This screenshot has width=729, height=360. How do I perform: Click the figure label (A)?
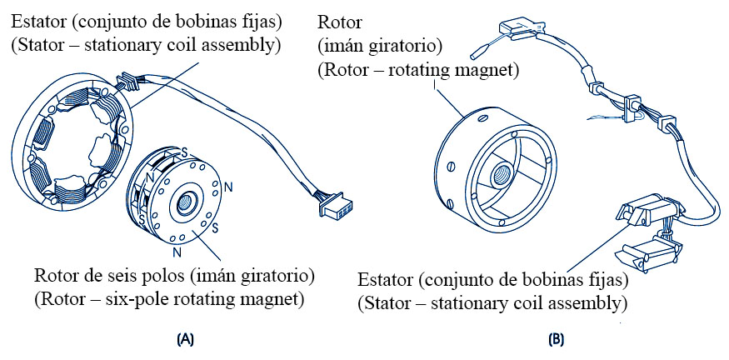185,339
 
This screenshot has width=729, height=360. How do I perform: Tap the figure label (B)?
556,339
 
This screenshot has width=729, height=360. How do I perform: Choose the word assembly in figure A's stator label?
242,43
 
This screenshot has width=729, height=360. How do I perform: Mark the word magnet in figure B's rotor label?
487,71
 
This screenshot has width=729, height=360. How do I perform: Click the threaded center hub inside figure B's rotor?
502,176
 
